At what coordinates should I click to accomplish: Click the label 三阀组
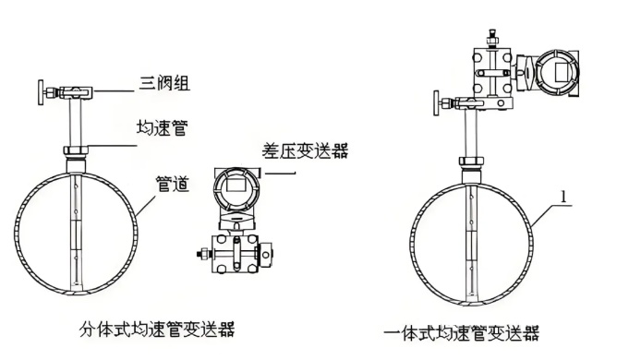pyautogui.click(x=165, y=86)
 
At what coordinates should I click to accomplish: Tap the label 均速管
pyautogui.click(x=165, y=128)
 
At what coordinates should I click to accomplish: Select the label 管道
pyautogui.click(x=173, y=185)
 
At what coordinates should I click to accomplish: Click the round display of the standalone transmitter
pyautogui.click(x=232, y=190)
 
